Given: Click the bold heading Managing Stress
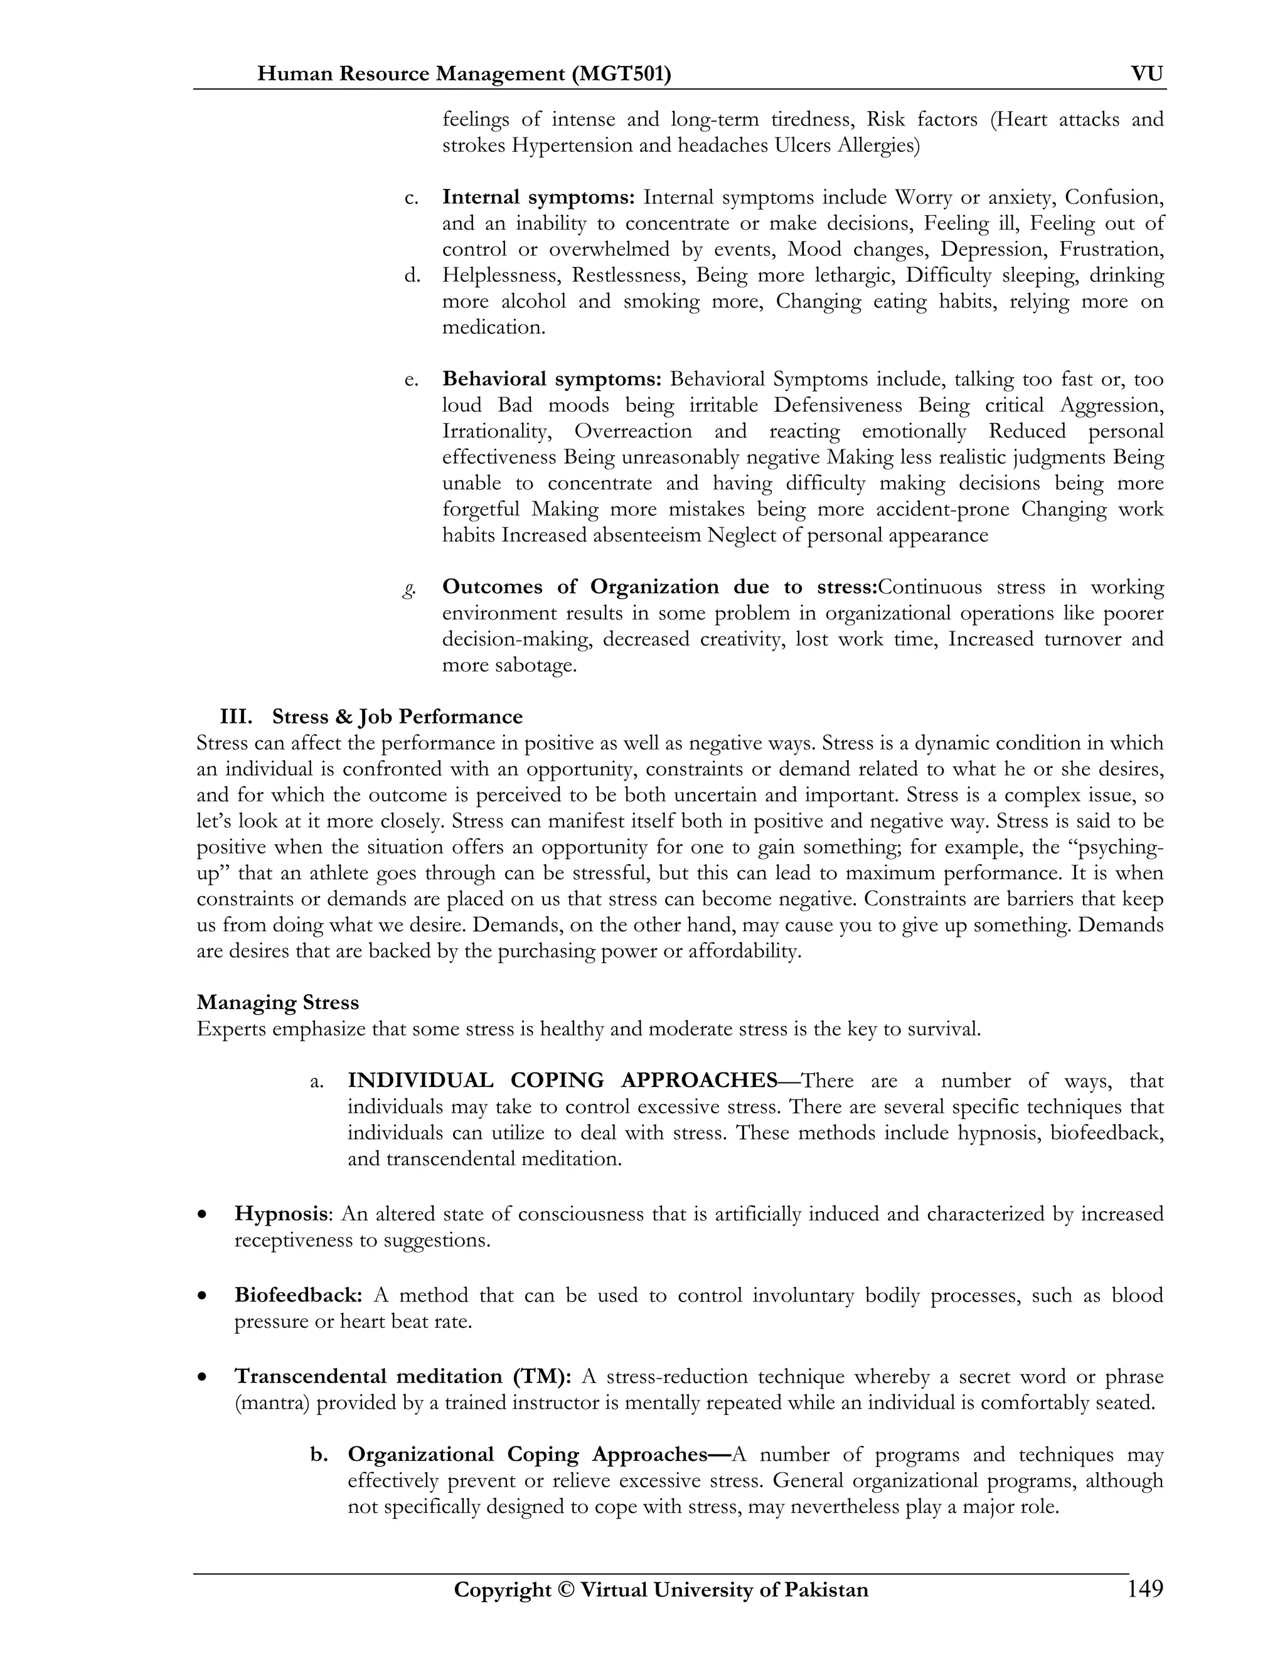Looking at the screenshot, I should [x=277, y=1002].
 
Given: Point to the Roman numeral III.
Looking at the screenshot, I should [x=236, y=717].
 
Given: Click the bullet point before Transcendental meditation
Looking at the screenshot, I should [x=202, y=1377].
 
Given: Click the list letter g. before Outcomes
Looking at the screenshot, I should [x=410, y=587].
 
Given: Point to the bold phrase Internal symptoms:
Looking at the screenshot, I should [x=538, y=197].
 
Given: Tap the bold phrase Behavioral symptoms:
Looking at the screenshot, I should [x=551, y=378].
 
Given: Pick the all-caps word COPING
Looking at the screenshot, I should [x=557, y=1081].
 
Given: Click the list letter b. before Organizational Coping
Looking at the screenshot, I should [x=319, y=1455].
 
